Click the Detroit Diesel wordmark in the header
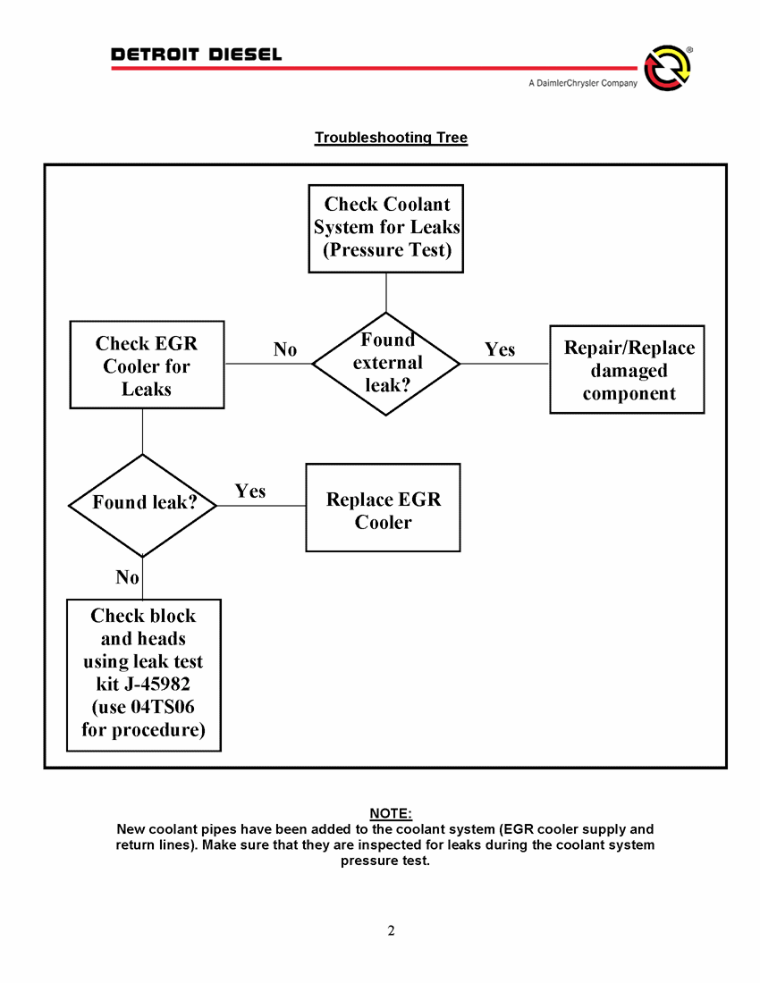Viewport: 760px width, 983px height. [196, 55]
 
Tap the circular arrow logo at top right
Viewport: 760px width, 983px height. [667, 68]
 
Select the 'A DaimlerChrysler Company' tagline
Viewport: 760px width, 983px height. [582, 83]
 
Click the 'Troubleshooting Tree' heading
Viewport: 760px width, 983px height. [391, 138]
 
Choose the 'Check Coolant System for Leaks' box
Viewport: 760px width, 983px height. [386, 228]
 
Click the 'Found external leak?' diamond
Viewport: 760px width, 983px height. [386, 364]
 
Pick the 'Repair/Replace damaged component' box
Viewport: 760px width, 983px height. [628, 370]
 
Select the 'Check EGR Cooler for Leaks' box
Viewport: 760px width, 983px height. [147, 365]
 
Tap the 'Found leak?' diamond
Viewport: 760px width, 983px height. [143, 504]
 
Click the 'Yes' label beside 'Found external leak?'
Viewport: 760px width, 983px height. [500, 349]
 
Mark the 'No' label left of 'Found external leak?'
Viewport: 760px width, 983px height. [284, 349]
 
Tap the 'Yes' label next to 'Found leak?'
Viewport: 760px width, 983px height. [250, 491]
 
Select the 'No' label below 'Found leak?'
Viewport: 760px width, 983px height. [127, 578]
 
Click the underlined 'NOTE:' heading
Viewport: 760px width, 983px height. [391, 813]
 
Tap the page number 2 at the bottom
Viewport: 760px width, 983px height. [391, 931]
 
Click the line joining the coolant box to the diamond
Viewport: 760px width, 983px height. [386, 292]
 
